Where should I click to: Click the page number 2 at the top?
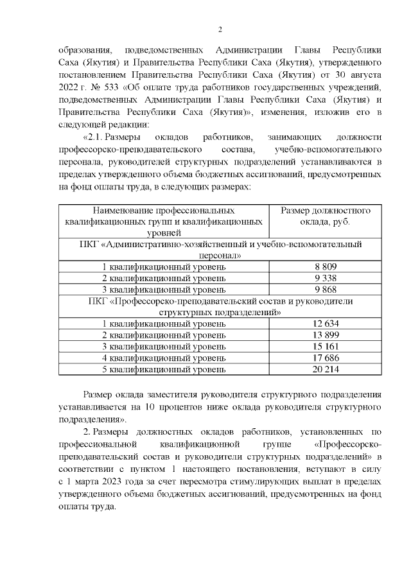pos(220,30)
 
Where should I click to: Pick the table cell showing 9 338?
pos(326,277)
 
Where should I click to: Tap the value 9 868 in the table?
pos(326,289)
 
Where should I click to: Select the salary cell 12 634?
pos(326,324)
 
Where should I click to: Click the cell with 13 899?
pos(326,335)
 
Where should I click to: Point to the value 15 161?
pos(326,347)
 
